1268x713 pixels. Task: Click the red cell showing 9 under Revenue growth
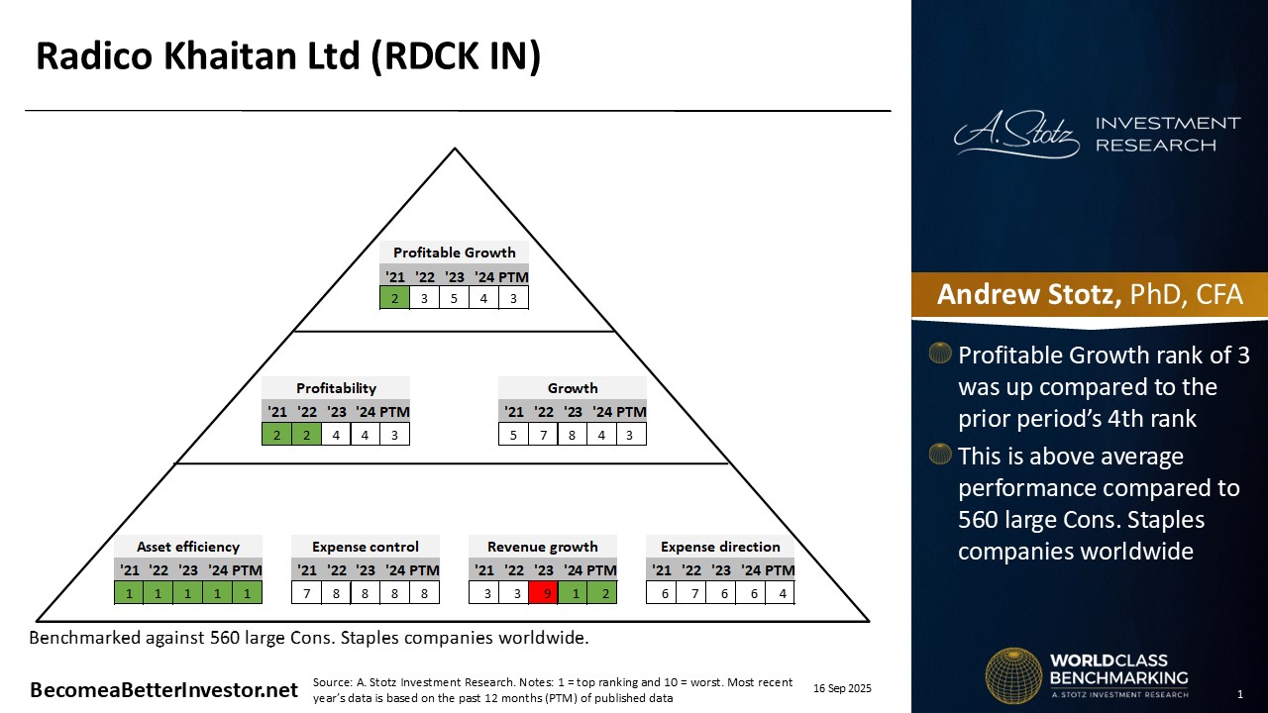coord(543,593)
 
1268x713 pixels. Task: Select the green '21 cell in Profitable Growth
coord(395,298)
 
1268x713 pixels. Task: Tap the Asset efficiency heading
coord(188,547)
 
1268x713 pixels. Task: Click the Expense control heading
coord(366,547)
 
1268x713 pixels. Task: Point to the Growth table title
coord(573,388)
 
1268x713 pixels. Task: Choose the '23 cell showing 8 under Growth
coord(572,434)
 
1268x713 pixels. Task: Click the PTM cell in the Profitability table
coord(394,434)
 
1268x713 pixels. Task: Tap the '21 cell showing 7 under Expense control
coord(307,593)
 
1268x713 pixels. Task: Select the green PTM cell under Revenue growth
coord(602,593)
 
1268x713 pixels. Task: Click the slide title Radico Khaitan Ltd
coord(288,57)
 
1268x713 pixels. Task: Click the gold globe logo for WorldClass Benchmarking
coord(1012,675)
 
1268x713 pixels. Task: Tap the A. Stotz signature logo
coord(1016,135)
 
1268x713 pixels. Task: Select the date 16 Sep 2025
coord(842,688)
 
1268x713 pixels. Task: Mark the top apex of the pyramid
coord(455,150)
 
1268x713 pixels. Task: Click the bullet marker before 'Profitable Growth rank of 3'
coord(940,354)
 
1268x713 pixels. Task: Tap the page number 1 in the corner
coord(1240,693)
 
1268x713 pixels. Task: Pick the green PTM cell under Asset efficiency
coord(248,593)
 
